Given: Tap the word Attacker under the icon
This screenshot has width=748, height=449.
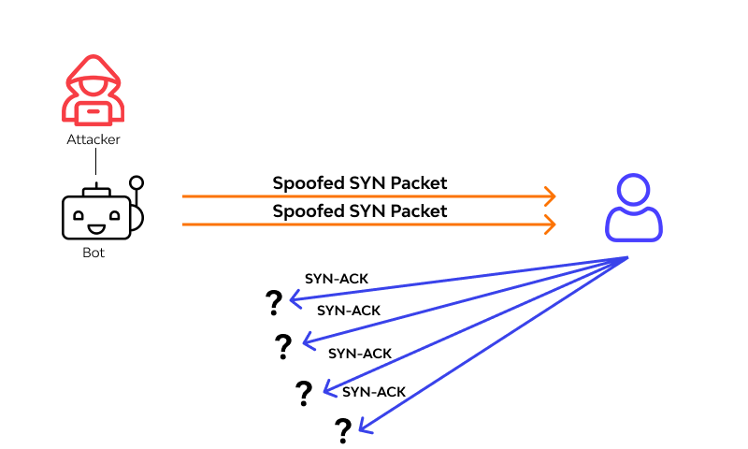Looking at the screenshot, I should tap(93, 139).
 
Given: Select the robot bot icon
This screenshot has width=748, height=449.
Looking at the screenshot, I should tap(97, 217).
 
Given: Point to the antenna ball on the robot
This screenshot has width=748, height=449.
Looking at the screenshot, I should tap(137, 182).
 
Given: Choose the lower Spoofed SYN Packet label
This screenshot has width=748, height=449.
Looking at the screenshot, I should tap(360, 210).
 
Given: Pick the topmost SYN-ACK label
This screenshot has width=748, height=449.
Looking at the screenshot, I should tap(334, 279).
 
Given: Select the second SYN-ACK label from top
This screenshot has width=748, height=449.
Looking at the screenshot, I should tap(349, 310).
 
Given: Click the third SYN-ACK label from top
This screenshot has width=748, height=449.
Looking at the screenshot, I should tap(360, 353).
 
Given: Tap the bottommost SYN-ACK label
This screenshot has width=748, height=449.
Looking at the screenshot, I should tap(374, 391).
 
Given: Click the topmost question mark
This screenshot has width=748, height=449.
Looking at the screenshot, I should tap(273, 302).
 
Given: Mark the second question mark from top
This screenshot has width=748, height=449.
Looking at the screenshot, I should tap(283, 347).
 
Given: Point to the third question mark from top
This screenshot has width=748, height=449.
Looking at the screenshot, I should tap(303, 393).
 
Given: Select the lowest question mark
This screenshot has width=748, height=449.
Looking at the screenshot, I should tap(343, 430).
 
